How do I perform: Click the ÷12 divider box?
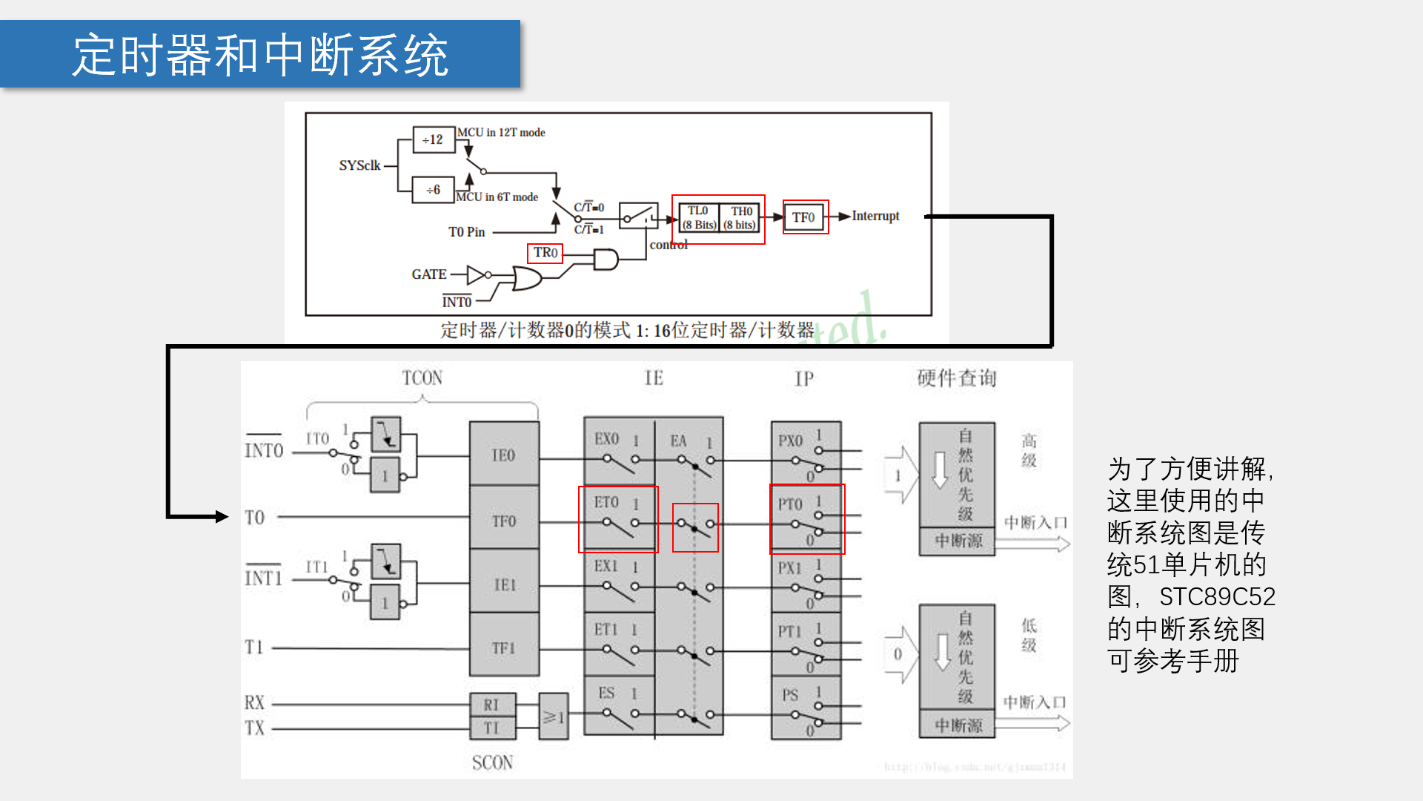[433, 139]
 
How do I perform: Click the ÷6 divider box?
[433, 190]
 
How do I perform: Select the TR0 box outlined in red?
[545, 253]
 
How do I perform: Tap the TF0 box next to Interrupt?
[804, 217]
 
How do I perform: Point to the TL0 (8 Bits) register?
[699, 218]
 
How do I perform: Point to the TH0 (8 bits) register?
[740, 218]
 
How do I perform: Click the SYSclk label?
[359, 165]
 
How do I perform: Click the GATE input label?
[429, 274]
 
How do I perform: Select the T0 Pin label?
[466, 232]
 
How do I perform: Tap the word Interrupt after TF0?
[875, 216]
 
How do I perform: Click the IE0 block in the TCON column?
[504, 455]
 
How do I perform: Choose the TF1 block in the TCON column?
[504, 647]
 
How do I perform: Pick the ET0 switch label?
[606, 502]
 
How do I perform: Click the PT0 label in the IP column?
[790, 504]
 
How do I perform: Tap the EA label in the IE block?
[678, 441]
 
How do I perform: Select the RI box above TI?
[491, 705]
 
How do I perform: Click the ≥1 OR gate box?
[554, 716]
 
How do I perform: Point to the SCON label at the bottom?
[492, 762]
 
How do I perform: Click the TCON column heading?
[422, 378]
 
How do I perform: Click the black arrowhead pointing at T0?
[222, 516]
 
